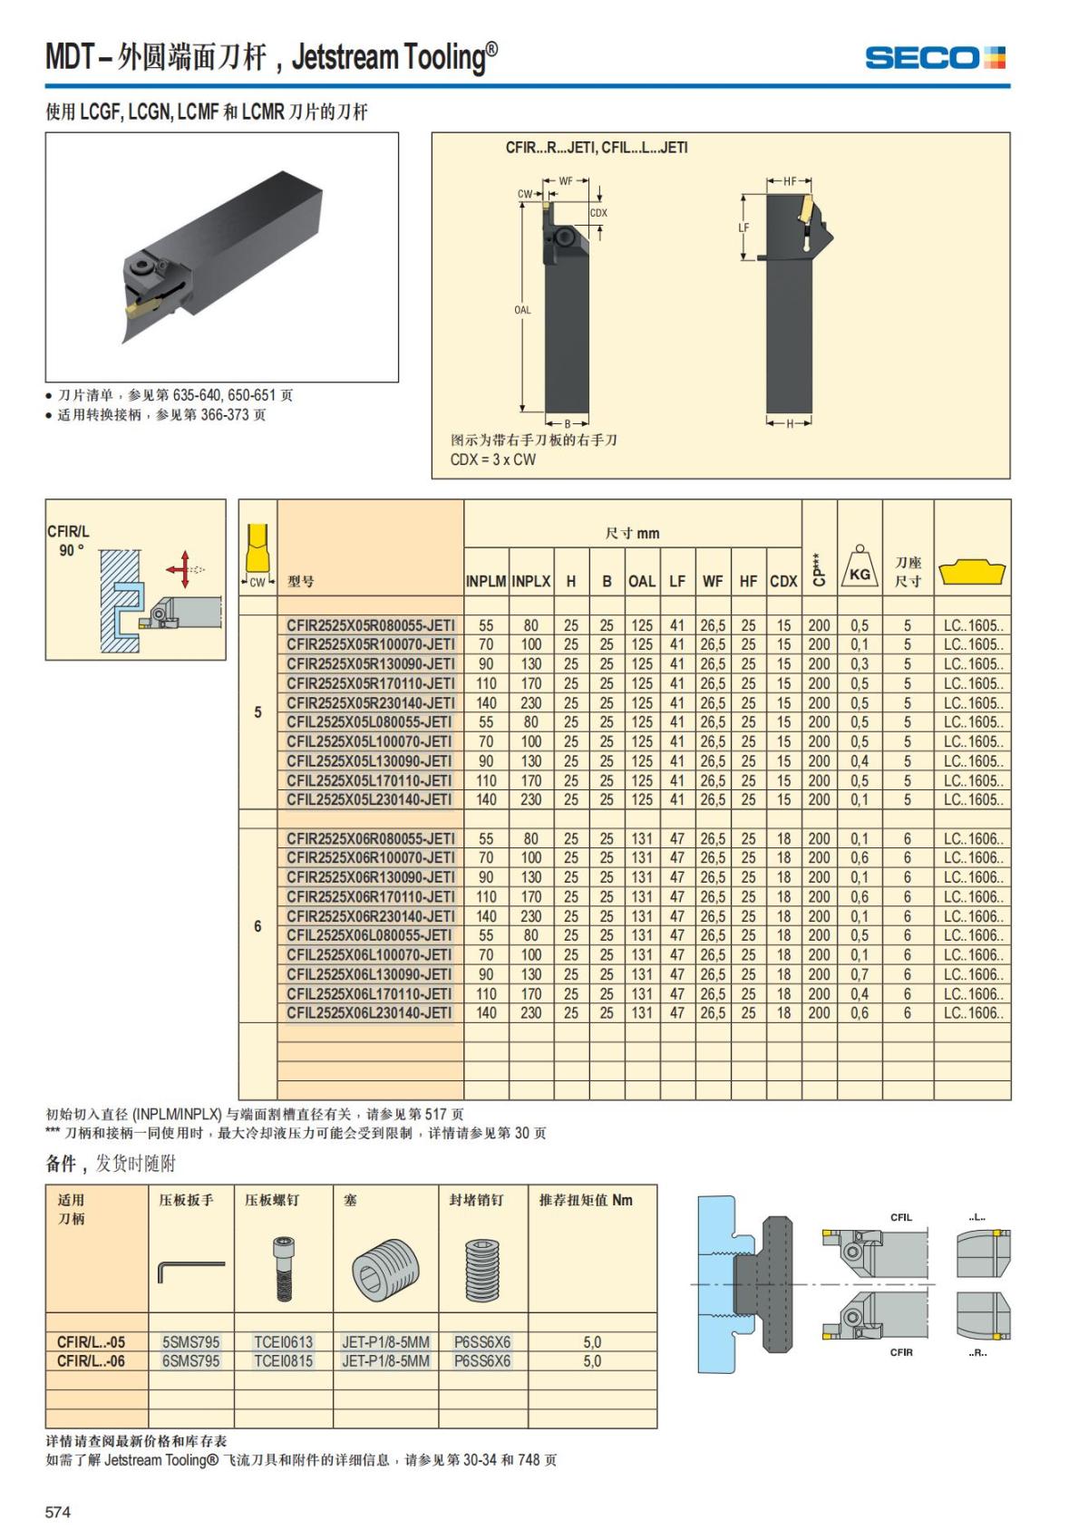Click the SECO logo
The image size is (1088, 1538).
pyautogui.click(x=935, y=58)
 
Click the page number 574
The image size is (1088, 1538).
pyautogui.click(x=58, y=1512)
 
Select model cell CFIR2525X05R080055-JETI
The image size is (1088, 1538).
pyautogui.click(x=370, y=625)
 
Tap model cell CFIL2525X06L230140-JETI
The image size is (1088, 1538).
pyautogui.click(x=370, y=1013)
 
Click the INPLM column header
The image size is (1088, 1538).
pyautogui.click(x=486, y=581)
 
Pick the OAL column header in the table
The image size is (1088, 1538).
pyautogui.click(x=642, y=581)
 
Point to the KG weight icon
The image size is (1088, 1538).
pyautogui.click(x=860, y=569)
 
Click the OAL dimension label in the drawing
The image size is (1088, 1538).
pyautogui.click(x=522, y=310)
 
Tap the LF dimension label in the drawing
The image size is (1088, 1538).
pyautogui.click(x=743, y=227)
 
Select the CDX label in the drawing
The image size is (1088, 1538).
pyautogui.click(x=598, y=213)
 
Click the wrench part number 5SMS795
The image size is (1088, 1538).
pyautogui.click(x=190, y=1341)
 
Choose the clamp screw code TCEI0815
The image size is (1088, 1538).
pyautogui.click(x=283, y=1360)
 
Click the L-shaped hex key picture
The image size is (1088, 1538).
pyautogui.click(x=190, y=1269)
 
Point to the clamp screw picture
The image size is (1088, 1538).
pyautogui.click(x=282, y=1269)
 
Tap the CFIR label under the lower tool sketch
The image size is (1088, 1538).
pyautogui.click(x=901, y=1352)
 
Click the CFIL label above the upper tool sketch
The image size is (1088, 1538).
pyautogui.click(x=901, y=1217)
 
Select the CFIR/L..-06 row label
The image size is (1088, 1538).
pyautogui.click(x=91, y=1360)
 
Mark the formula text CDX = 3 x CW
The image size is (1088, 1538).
pyautogui.click(x=492, y=459)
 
